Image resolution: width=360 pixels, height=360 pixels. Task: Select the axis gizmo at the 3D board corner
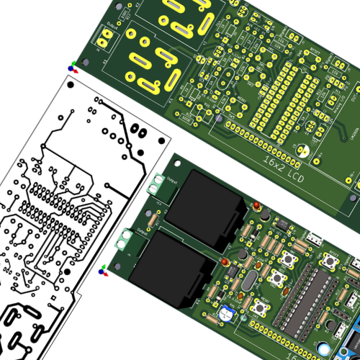click(104, 270)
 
